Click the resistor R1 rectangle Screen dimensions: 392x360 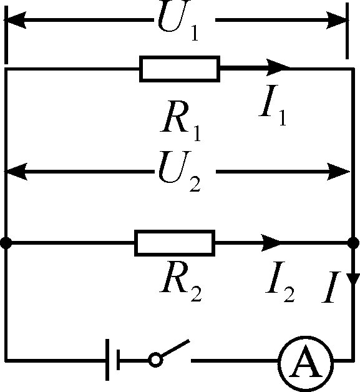pyautogui.click(x=180, y=69)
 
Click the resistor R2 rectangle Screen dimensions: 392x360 pyautogui.click(x=175, y=243)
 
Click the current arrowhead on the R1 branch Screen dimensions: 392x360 pyautogui.click(x=278, y=67)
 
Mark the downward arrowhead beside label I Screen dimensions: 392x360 pyautogui.click(x=353, y=280)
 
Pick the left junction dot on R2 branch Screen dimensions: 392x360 pyautogui.click(x=6, y=243)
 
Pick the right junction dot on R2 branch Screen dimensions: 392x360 pyautogui.click(x=353, y=243)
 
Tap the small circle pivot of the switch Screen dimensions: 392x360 pyautogui.click(x=154, y=360)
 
